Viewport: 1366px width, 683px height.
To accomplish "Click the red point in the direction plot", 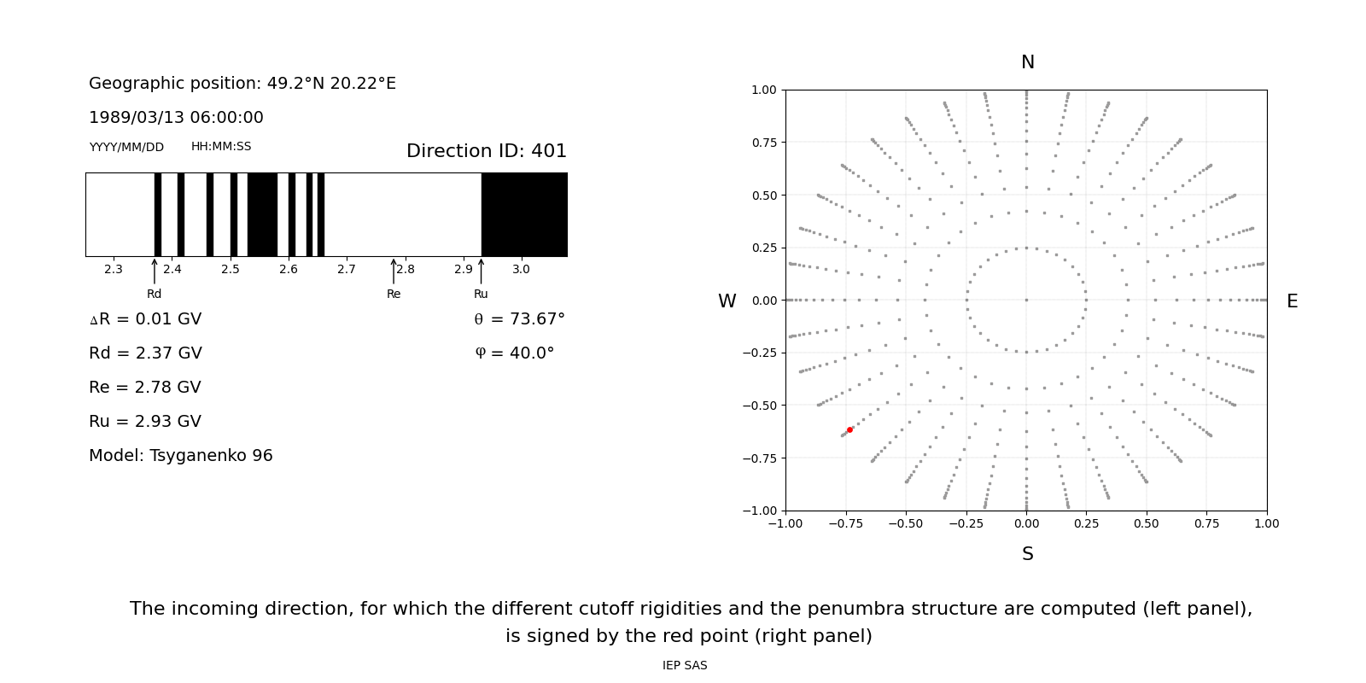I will click(x=849, y=429).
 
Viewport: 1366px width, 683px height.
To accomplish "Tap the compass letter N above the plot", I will click(x=1027, y=62).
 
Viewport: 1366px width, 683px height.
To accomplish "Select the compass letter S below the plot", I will click(x=1027, y=554).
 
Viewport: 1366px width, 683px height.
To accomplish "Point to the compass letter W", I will click(x=727, y=301).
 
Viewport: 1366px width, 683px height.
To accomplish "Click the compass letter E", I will click(x=1292, y=301).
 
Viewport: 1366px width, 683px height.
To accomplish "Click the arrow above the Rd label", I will click(x=155, y=271).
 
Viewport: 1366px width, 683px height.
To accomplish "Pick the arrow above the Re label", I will click(x=394, y=271).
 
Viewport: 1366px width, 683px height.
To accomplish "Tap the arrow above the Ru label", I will click(x=482, y=271).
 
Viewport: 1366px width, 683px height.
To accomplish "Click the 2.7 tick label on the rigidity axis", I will click(x=347, y=270).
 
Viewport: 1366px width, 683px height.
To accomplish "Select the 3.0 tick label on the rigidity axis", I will click(x=521, y=270).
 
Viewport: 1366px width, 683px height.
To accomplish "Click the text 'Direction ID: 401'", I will click(x=486, y=151).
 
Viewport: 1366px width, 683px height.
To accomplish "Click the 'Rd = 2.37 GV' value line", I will click(x=145, y=353).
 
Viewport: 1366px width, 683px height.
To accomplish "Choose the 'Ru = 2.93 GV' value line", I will click(x=145, y=422).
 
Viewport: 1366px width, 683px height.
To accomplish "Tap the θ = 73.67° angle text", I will click(x=519, y=319).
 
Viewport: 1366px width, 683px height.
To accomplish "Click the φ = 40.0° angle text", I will click(x=514, y=353).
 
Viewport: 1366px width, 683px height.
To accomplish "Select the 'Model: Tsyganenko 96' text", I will click(x=181, y=456).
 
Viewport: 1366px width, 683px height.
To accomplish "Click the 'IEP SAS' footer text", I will click(x=685, y=666).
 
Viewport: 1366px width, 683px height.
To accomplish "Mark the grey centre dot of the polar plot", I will click(x=1026, y=300).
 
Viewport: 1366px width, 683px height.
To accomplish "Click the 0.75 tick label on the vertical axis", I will click(x=763, y=143).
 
